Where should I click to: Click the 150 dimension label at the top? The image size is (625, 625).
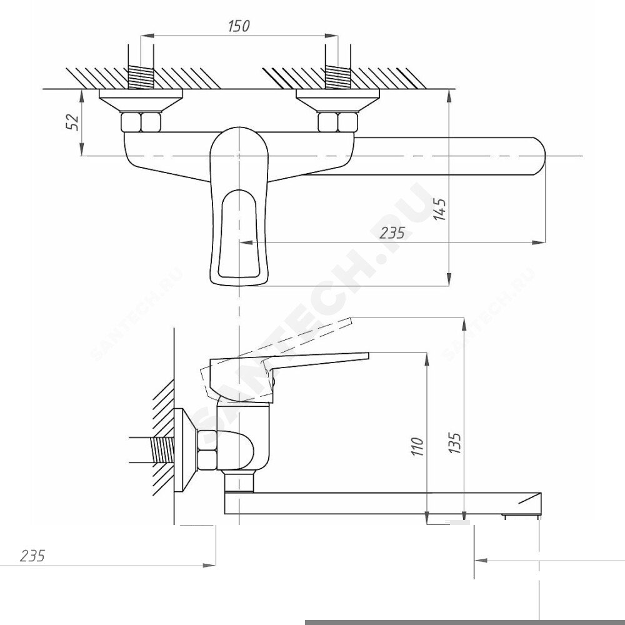[x=239, y=26]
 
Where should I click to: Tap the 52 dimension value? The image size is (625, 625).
[x=72, y=122]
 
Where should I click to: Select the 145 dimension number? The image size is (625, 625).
[x=441, y=209]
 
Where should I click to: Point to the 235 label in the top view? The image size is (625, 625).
[x=392, y=232]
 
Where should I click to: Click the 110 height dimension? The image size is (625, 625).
[x=417, y=447]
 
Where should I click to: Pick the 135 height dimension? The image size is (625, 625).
[x=455, y=442]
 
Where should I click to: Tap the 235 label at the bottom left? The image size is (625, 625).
[x=32, y=556]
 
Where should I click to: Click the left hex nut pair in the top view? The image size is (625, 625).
[x=141, y=122]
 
